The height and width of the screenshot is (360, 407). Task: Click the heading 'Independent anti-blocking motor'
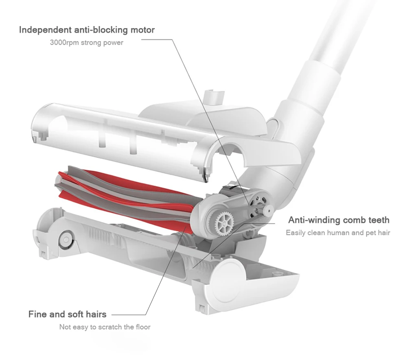tap(87, 30)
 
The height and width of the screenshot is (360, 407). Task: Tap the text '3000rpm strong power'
tap(86, 43)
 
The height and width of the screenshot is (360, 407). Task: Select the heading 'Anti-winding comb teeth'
tap(339, 220)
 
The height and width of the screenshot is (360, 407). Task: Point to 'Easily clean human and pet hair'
tap(338, 233)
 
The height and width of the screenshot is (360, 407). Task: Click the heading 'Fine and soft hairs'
tap(67, 314)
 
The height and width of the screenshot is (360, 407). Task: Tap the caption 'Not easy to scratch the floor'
tap(105, 327)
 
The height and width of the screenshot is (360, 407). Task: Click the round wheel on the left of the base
tap(66, 240)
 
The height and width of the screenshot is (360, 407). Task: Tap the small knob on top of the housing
tap(214, 96)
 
